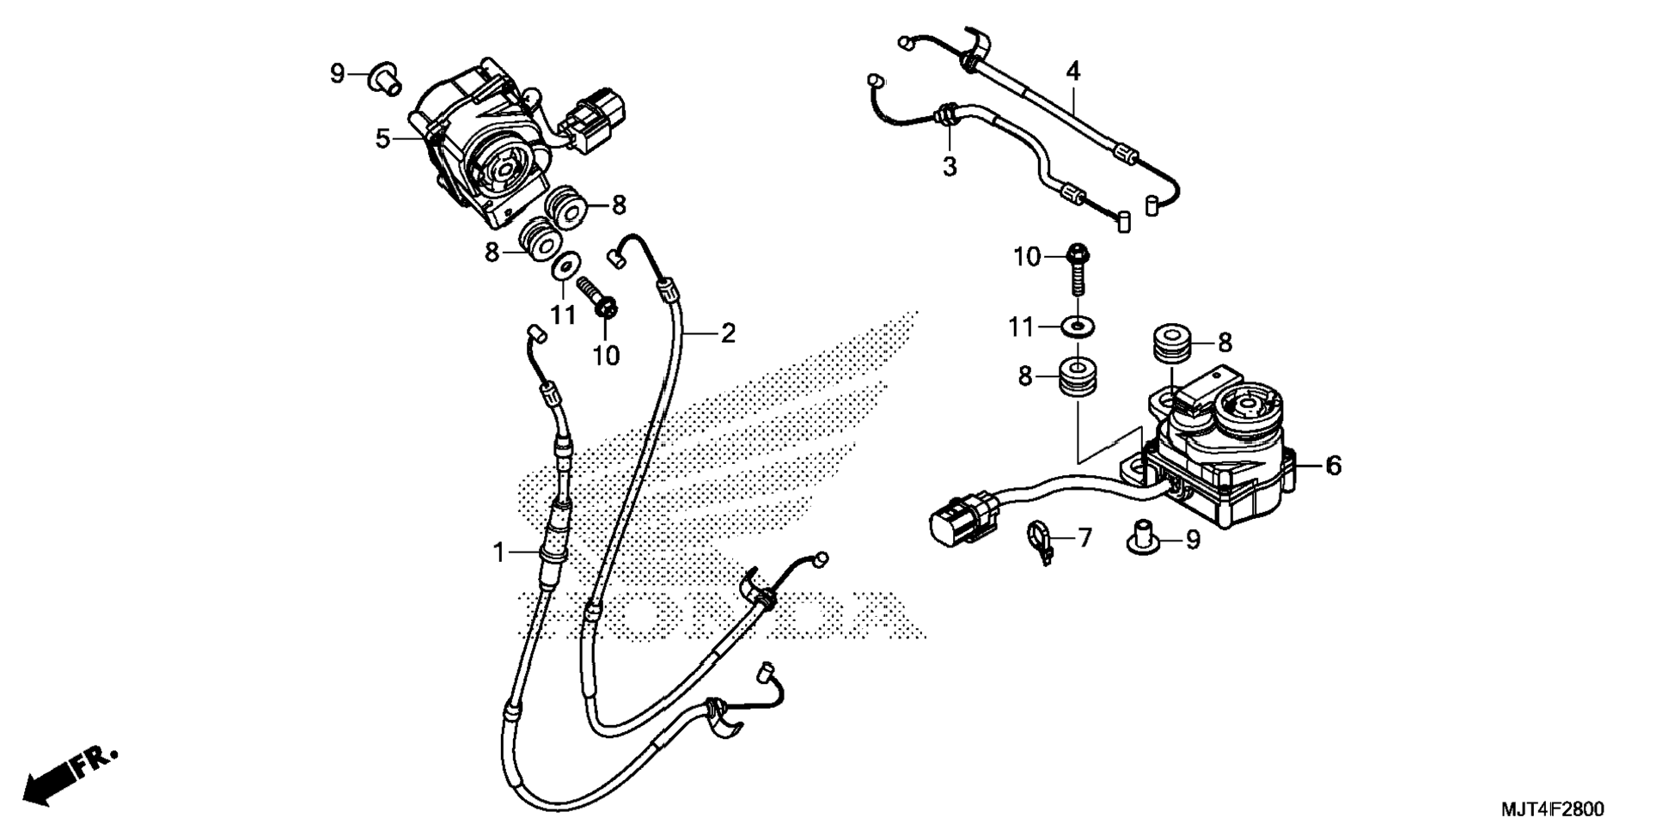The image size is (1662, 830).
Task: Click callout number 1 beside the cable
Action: [499, 553]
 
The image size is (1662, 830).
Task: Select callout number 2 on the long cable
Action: [728, 333]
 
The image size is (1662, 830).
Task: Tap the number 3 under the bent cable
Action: [949, 167]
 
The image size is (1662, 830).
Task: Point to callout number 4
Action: [1072, 71]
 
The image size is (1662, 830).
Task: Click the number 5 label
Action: [383, 138]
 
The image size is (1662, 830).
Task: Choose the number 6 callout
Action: [1333, 466]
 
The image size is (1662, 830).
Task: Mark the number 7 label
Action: [1085, 539]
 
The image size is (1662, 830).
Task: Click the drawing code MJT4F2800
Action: [1552, 809]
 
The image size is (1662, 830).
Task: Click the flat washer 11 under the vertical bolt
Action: [1078, 327]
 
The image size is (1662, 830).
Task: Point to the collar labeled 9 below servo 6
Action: [1144, 536]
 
